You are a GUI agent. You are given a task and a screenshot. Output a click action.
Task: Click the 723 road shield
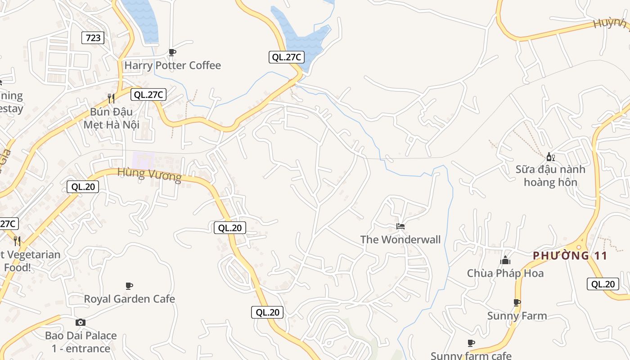pyautogui.click(x=93, y=38)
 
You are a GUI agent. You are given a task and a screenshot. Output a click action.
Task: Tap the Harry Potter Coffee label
pyautogui.click(x=172, y=66)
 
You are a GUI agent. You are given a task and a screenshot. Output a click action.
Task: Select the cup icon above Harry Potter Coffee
pyautogui.click(x=172, y=52)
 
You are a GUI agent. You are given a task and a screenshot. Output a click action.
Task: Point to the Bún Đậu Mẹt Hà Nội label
pyautogui.click(x=111, y=118)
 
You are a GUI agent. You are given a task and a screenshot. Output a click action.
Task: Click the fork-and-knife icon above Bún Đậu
pyautogui.click(x=111, y=98)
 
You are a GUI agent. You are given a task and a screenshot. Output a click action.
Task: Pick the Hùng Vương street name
pyautogui.click(x=149, y=174)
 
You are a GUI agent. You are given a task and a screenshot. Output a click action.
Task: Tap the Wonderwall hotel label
pyautogui.click(x=400, y=240)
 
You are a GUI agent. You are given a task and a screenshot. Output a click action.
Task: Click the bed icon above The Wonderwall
pyautogui.click(x=400, y=226)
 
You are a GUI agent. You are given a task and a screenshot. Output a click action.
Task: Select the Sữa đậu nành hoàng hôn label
pyautogui.click(x=550, y=176)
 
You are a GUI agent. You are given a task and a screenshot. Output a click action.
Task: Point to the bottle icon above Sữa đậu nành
pyautogui.click(x=550, y=157)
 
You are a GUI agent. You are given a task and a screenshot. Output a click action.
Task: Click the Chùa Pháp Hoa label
pyautogui.click(x=505, y=274)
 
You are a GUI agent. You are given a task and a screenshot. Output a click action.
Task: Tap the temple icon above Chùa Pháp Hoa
pyautogui.click(x=505, y=261)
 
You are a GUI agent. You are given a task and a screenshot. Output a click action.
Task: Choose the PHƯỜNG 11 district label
pyautogui.click(x=570, y=256)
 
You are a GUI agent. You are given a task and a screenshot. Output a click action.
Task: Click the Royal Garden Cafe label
pyautogui.click(x=129, y=299)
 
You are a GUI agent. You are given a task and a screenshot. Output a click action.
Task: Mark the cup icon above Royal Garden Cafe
pyautogui.click(x=129, y=286)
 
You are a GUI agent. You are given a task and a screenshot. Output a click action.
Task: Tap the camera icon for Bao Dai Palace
pyautogui.click(x=81, y=322)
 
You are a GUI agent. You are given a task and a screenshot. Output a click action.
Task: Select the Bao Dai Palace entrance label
pyautogui.click(x=81, y=342)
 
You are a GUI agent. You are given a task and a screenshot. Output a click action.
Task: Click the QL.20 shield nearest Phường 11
pyautogui.click(x=603, y=284)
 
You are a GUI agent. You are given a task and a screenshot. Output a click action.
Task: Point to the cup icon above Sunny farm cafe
pyautogui.click(x=471, y=343)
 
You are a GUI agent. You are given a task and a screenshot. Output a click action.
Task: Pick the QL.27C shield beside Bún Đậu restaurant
pyautogui.click(x=148, y=94)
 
